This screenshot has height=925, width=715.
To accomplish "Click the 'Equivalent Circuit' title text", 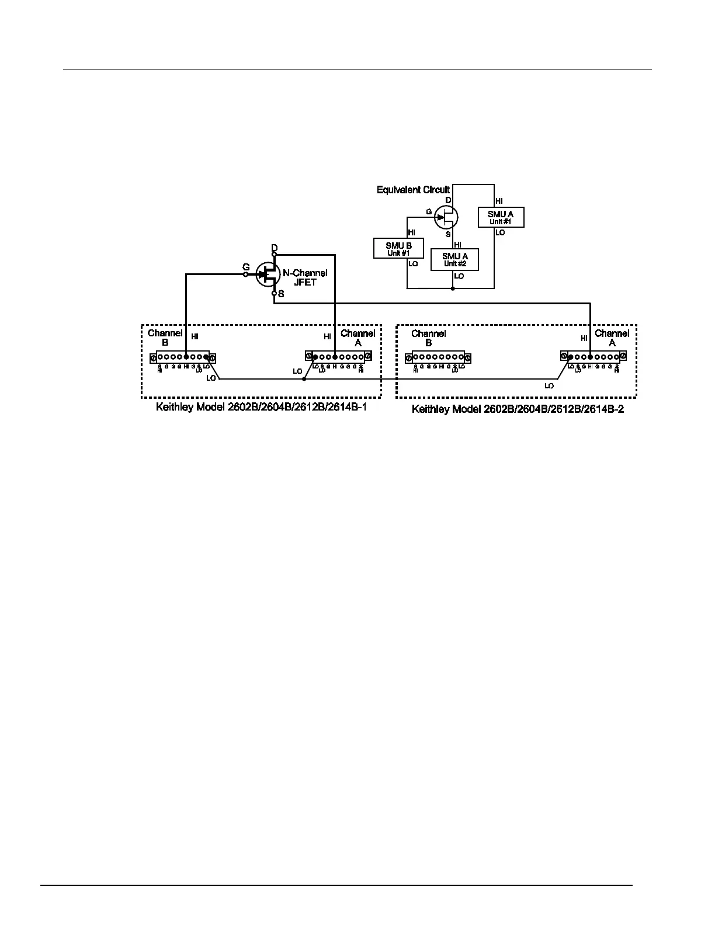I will point(413,190).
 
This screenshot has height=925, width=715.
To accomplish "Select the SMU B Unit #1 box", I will point(398,249).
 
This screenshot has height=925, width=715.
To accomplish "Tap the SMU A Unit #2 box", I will point(454,259).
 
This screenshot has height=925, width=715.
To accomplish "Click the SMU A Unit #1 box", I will point(501,217).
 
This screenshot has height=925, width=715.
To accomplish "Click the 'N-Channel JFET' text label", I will point(305,277).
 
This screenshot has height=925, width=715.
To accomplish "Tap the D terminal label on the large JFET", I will point(275,248).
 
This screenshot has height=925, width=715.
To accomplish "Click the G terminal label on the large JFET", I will point(246,267).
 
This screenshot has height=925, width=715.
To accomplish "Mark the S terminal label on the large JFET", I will point(281,294).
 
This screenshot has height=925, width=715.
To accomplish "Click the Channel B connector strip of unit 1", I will point(183,357).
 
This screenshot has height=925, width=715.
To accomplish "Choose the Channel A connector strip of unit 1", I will point(338,356).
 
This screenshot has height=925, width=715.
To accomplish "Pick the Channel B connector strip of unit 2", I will point(438,357).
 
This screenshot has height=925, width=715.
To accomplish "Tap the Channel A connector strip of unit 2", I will point(593,356).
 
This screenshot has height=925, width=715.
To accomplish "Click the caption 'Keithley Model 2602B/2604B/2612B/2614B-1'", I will point(261,407).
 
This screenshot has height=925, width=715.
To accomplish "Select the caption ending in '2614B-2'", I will point(518,409).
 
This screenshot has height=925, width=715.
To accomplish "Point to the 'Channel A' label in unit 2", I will point(612,338).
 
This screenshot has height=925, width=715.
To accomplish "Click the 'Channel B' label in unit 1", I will point(165,338).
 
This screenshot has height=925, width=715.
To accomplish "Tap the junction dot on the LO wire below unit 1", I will point(304,379).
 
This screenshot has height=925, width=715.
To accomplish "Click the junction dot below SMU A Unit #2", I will point(453,288).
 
